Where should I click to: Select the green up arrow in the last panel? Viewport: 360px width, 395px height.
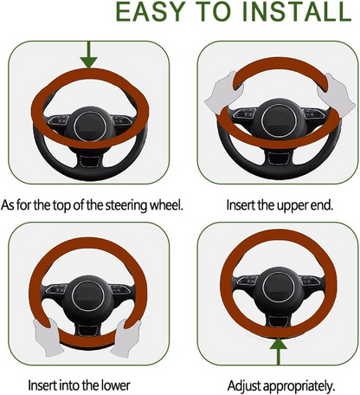(x=279, y=351)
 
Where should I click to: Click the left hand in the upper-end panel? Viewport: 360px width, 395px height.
(x=224, y=93)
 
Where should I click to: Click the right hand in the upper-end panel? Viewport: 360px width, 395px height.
(x=336, y=94)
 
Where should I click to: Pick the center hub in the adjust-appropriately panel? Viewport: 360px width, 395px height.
(x=279, y=287)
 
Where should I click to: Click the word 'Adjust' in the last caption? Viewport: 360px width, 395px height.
(x=244, y=386)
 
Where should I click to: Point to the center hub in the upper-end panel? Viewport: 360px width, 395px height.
(x=277, y=120)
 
